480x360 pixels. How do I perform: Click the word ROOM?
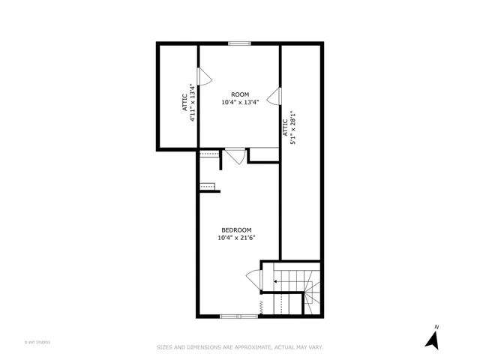click(240, 94)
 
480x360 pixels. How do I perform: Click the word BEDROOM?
click(235, 229)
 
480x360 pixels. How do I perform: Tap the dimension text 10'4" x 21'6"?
click(235, 238)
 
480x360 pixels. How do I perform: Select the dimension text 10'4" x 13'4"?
click(240, 103)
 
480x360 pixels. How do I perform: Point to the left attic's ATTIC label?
click(184, 103)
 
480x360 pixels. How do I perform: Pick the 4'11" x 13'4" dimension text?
click(193, 103)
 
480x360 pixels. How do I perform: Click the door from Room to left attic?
click(203, 76)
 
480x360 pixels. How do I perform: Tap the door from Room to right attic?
click(275, 96)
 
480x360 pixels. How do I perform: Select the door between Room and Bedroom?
click(235, 156)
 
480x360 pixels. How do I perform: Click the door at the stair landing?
click(253, 280)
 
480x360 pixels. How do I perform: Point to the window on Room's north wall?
click(239, 43)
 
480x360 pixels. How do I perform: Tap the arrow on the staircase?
click(276, 282)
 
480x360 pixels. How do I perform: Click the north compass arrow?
click(432, 338)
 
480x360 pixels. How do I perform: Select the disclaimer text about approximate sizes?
click(240, 346)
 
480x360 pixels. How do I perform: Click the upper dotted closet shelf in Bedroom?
click(209, 154)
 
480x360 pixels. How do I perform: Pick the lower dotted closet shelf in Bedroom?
click(208, 186)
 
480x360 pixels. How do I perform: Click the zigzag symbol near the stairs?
click(259, 306)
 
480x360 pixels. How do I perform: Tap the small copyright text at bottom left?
click(37, 342)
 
